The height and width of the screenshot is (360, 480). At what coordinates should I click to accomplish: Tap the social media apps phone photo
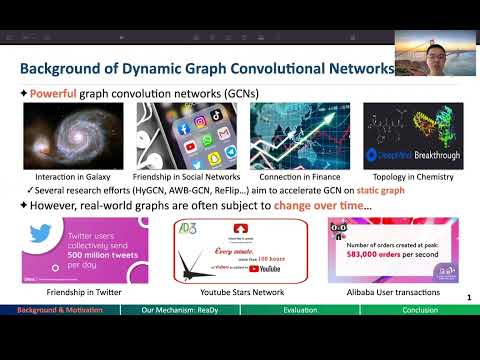[x=200, y=135]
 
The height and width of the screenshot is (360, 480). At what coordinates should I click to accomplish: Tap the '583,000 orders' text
[x=377, y=255]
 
